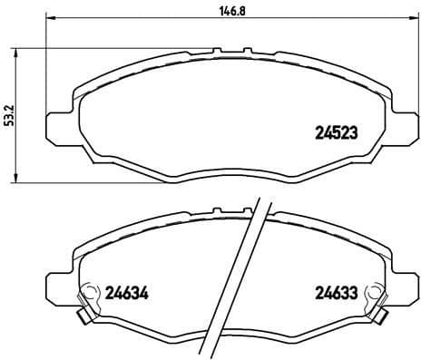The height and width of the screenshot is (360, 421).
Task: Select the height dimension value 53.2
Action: pyautogui.click(x=7, y=115)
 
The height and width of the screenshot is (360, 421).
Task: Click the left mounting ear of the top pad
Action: pyautogui.click(x=56, y=122)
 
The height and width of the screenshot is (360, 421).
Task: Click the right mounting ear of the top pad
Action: pyautogui.click(x=405, y=122)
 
